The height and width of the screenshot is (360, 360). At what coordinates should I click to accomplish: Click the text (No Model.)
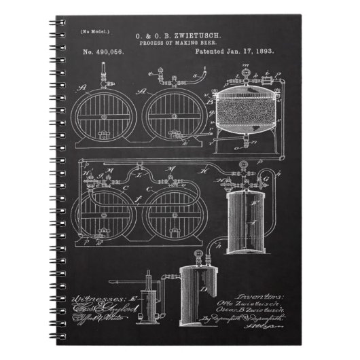click(x=93, y=32)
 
